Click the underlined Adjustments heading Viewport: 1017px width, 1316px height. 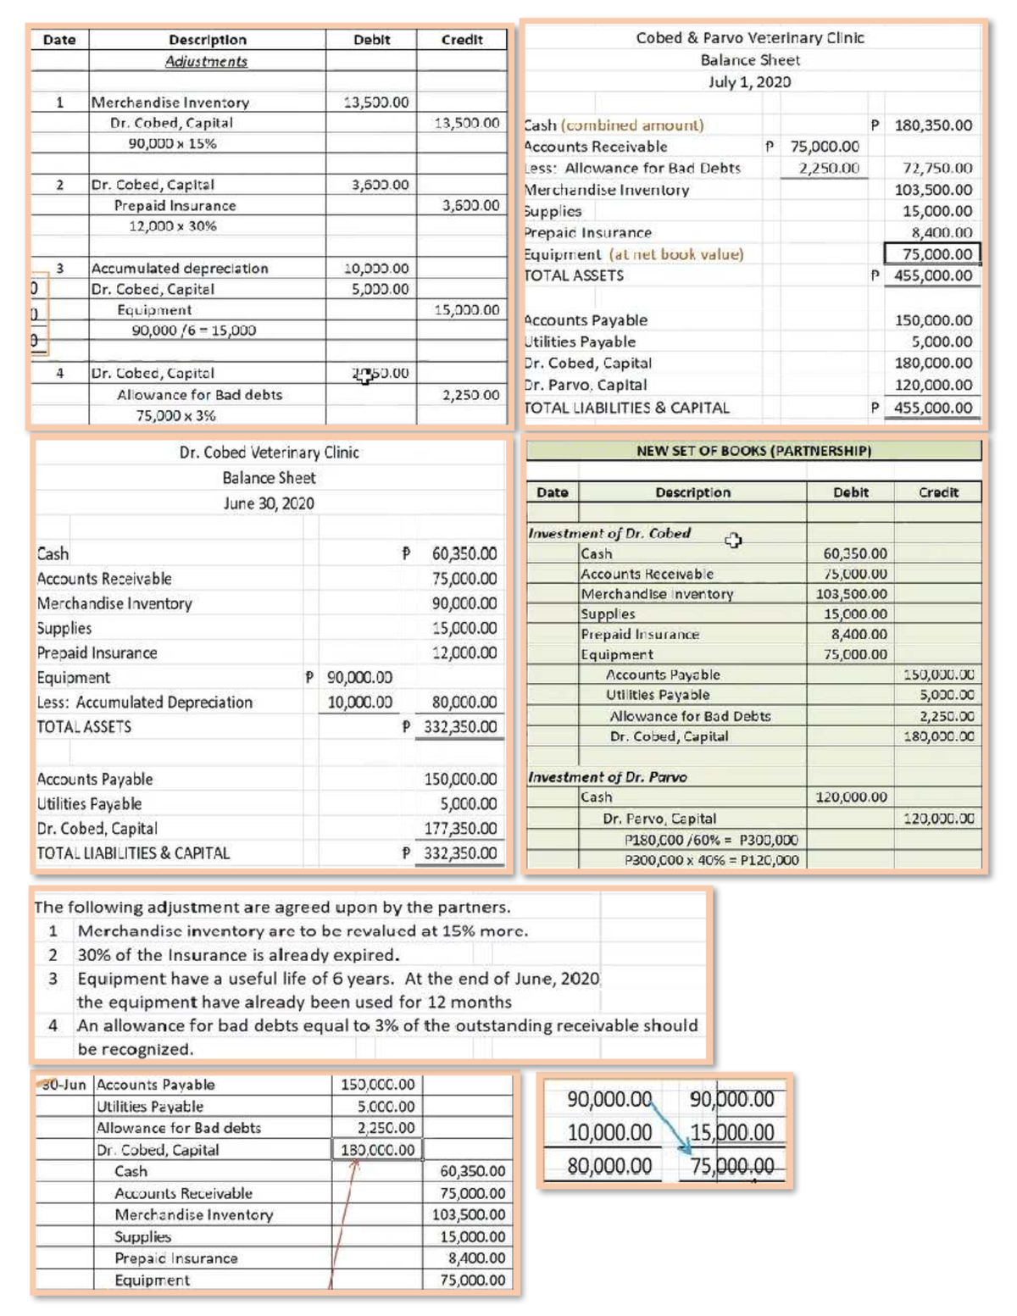click(206, 61)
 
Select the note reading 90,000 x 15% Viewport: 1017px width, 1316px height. click(172, 143)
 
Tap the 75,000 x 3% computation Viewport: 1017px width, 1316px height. click(175, 415)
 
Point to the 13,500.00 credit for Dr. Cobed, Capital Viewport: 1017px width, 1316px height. click(466, 123)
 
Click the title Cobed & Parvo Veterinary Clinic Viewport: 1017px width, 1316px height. click(750, 38)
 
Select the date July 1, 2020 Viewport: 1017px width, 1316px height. click(750, 82)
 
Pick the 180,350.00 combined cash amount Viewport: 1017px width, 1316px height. click(933, 125)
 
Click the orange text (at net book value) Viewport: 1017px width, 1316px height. click(675, 254)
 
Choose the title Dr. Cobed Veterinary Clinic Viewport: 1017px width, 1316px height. click(269, 453)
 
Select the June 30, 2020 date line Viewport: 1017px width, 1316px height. click(269, 503)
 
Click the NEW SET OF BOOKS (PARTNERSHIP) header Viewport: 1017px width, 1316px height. click(753, 451)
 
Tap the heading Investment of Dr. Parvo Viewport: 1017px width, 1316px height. click(608, 777)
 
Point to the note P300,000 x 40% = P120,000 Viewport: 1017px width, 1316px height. click(711, 860)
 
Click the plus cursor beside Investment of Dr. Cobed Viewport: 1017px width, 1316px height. click(733, 540)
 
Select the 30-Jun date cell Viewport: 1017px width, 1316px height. click(64, 1085)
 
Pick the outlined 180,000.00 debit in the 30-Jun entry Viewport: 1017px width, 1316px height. click(378, 1150)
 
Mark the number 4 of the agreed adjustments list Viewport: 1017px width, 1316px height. click(53, 1025)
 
